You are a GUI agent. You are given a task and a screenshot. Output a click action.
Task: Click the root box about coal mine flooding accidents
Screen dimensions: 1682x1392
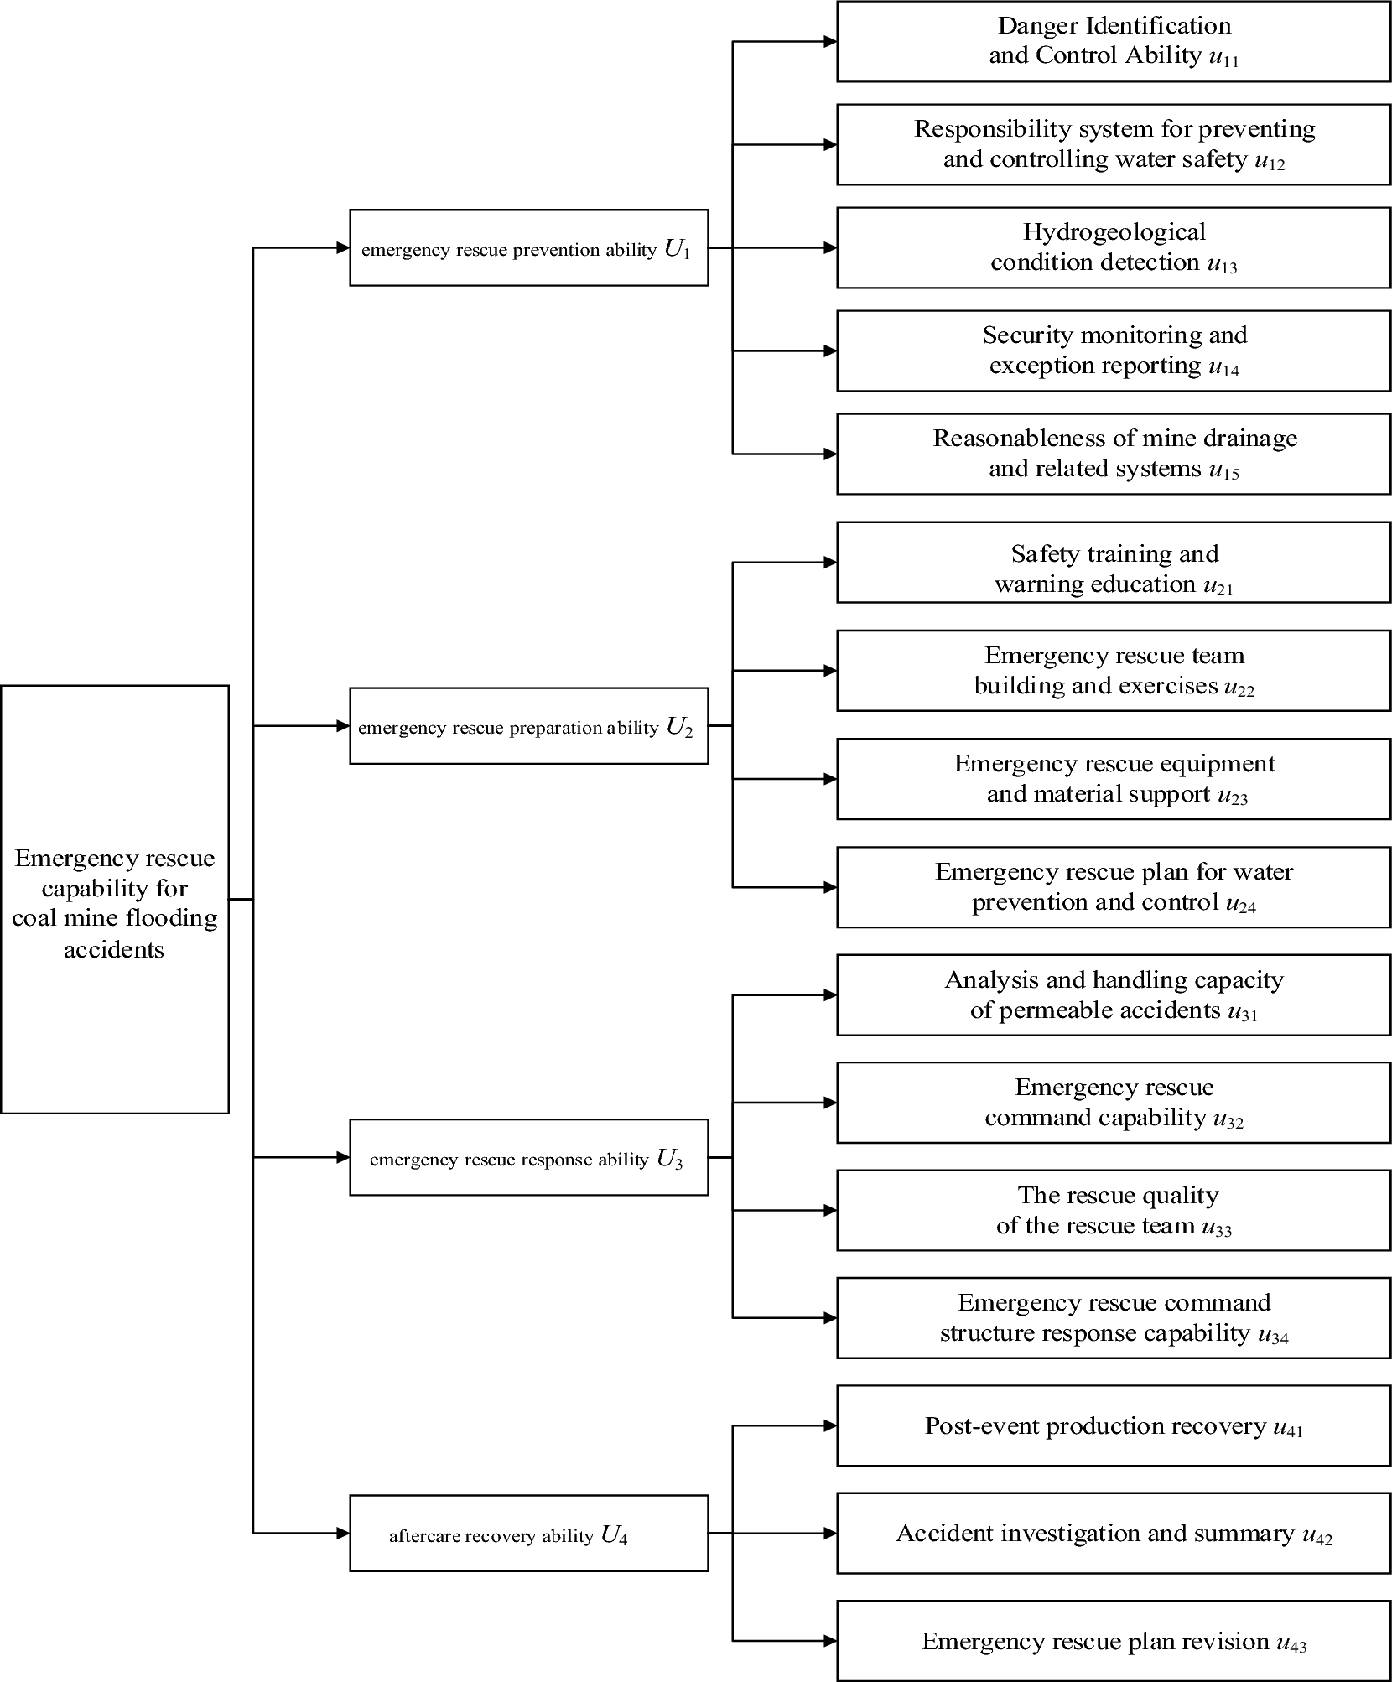(115, 899)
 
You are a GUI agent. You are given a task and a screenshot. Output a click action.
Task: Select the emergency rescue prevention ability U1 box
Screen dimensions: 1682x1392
(528, 248)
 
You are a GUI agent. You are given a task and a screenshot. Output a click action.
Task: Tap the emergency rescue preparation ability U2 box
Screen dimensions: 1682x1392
(528, 726)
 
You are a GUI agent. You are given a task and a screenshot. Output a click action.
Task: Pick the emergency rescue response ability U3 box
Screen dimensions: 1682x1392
(528, 1157)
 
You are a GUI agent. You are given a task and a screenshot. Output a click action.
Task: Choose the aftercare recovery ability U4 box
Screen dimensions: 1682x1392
(528, 1534)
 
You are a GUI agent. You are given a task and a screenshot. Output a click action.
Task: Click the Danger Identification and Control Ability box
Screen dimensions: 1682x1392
(1114, 41)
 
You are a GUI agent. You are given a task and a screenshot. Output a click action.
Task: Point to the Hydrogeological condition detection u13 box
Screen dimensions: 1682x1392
(1114, 248)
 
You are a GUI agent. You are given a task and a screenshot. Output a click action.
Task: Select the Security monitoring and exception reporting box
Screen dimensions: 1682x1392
(1114, 350)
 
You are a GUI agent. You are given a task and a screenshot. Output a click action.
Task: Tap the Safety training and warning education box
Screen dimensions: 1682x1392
(1114, 563)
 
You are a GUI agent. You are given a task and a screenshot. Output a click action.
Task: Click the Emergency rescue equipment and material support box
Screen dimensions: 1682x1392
(1114, 779)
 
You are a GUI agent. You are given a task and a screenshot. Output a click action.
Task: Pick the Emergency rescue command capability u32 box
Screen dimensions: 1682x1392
(1114, 1103)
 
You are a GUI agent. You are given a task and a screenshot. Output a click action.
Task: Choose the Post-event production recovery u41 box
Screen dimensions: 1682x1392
(1114, 1426)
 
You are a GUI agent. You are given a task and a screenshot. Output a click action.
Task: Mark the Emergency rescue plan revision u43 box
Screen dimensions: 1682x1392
(1114, 1641)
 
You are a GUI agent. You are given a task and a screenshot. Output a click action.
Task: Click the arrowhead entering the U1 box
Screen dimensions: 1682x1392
(343, 248)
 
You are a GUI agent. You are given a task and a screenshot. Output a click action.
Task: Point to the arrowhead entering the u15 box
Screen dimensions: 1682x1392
(830, 454)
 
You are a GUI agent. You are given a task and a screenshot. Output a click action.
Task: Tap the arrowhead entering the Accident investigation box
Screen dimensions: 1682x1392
(830, 1534)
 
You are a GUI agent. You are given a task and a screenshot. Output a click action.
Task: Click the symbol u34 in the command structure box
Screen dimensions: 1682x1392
(1273, 1334)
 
